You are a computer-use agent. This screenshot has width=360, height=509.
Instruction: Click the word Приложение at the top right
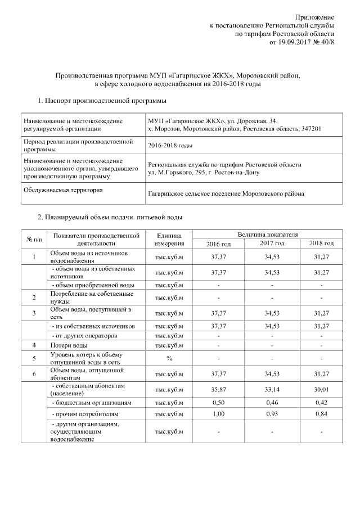315,17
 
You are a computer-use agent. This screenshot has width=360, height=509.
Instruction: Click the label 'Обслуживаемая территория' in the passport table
62,190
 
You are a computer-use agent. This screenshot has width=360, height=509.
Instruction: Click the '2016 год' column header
218,243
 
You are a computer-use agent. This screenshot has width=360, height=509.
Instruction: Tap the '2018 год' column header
322,243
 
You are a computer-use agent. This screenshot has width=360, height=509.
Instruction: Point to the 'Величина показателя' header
267,233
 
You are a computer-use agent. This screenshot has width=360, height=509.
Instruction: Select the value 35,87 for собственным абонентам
218,390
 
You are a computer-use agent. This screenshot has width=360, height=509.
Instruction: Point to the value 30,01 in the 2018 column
322,390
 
